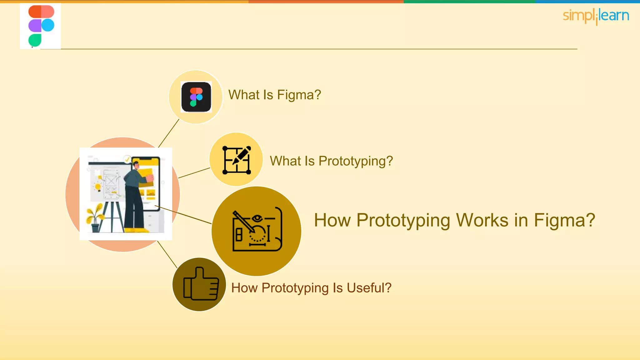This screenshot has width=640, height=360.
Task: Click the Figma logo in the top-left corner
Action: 41,26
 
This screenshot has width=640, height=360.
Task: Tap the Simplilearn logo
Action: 596,16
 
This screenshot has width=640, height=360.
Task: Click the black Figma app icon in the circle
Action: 196,97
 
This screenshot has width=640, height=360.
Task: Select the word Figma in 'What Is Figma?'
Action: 299,95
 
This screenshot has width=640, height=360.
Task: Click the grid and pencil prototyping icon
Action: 237,160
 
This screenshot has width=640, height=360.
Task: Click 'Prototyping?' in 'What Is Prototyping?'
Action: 355,161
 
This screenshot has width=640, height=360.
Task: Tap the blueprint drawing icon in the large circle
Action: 257,230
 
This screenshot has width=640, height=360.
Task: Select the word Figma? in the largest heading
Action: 564,220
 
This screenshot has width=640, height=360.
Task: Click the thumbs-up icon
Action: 200,284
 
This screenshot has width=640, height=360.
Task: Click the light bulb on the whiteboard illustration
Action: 98,187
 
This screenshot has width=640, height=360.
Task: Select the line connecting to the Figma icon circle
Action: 169,133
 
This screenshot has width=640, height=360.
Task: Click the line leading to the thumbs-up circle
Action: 167,254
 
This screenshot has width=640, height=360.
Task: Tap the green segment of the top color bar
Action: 469,2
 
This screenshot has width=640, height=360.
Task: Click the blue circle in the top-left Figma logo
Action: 48,25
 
